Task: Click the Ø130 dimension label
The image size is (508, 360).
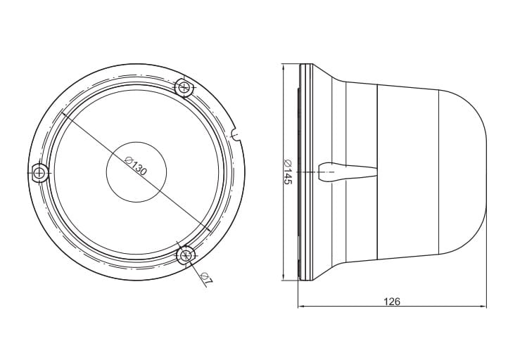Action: point(136,165)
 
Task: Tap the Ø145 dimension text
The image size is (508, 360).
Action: point(288,172)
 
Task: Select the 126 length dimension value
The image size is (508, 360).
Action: point(393,301)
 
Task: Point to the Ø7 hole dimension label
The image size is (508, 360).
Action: point(207,279)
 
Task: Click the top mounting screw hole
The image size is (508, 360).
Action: point(185,86)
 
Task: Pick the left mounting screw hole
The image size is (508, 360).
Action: point(40,173)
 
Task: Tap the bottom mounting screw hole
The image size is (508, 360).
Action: point(186,256)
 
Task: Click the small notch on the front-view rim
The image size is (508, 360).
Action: point(236,134)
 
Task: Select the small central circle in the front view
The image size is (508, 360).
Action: point(136,172)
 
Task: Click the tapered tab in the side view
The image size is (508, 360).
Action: point(347,172)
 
